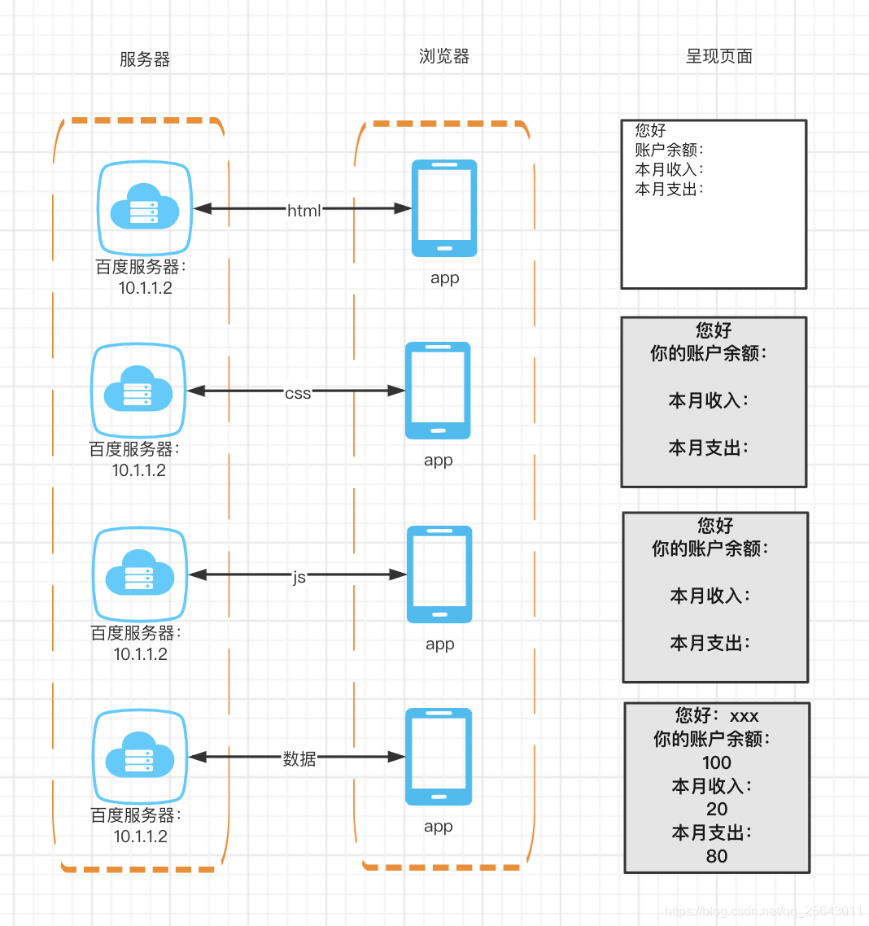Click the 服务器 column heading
click(145, 59)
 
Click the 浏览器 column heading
click(444, 56)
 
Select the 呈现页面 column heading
click(719, 56)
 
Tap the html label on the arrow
click(304, 211)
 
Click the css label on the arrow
click(298, 393)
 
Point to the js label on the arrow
click(299, 577)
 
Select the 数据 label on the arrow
click(299, 758)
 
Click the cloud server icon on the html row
click(145, 208)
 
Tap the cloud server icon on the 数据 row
click(140, 757)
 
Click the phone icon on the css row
click(438, 391)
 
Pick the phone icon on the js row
click(439, 574)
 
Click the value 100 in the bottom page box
click(717, 762)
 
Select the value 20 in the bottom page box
click(717, 809)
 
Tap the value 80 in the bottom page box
click(717, 856)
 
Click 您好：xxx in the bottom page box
click(717, 716)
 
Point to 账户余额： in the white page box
click(669, 150)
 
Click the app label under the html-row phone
click(445, 277)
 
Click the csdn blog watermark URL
click(763, 911)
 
